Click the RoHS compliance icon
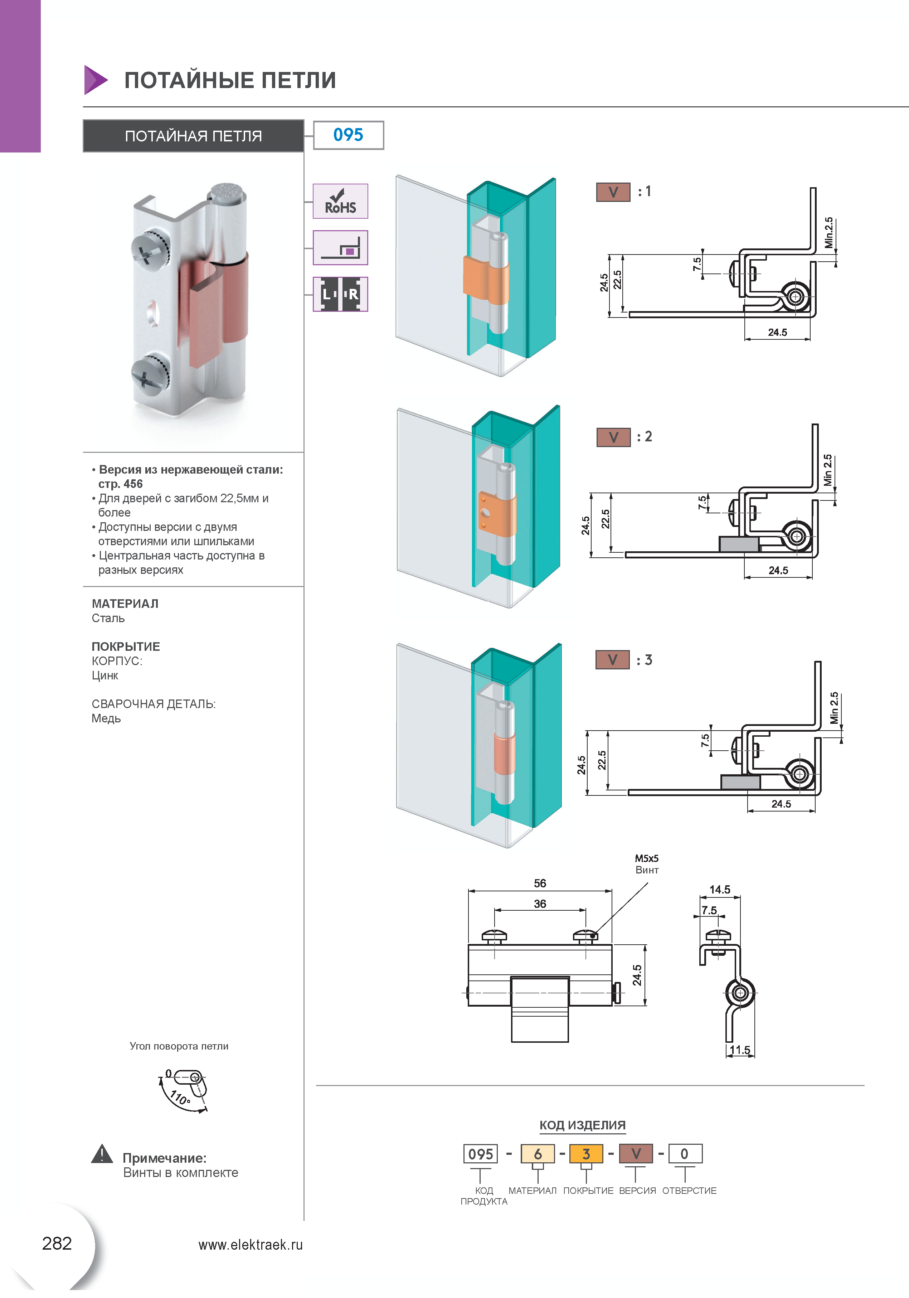point(340,201)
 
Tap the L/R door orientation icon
point(340,294)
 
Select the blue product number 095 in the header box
point(348,135)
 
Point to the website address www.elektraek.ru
point(251,1244)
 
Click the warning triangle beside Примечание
point(102,1154)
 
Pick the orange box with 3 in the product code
point(586,1153)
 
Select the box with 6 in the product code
point(538,1153)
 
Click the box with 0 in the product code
point(685,1153)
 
